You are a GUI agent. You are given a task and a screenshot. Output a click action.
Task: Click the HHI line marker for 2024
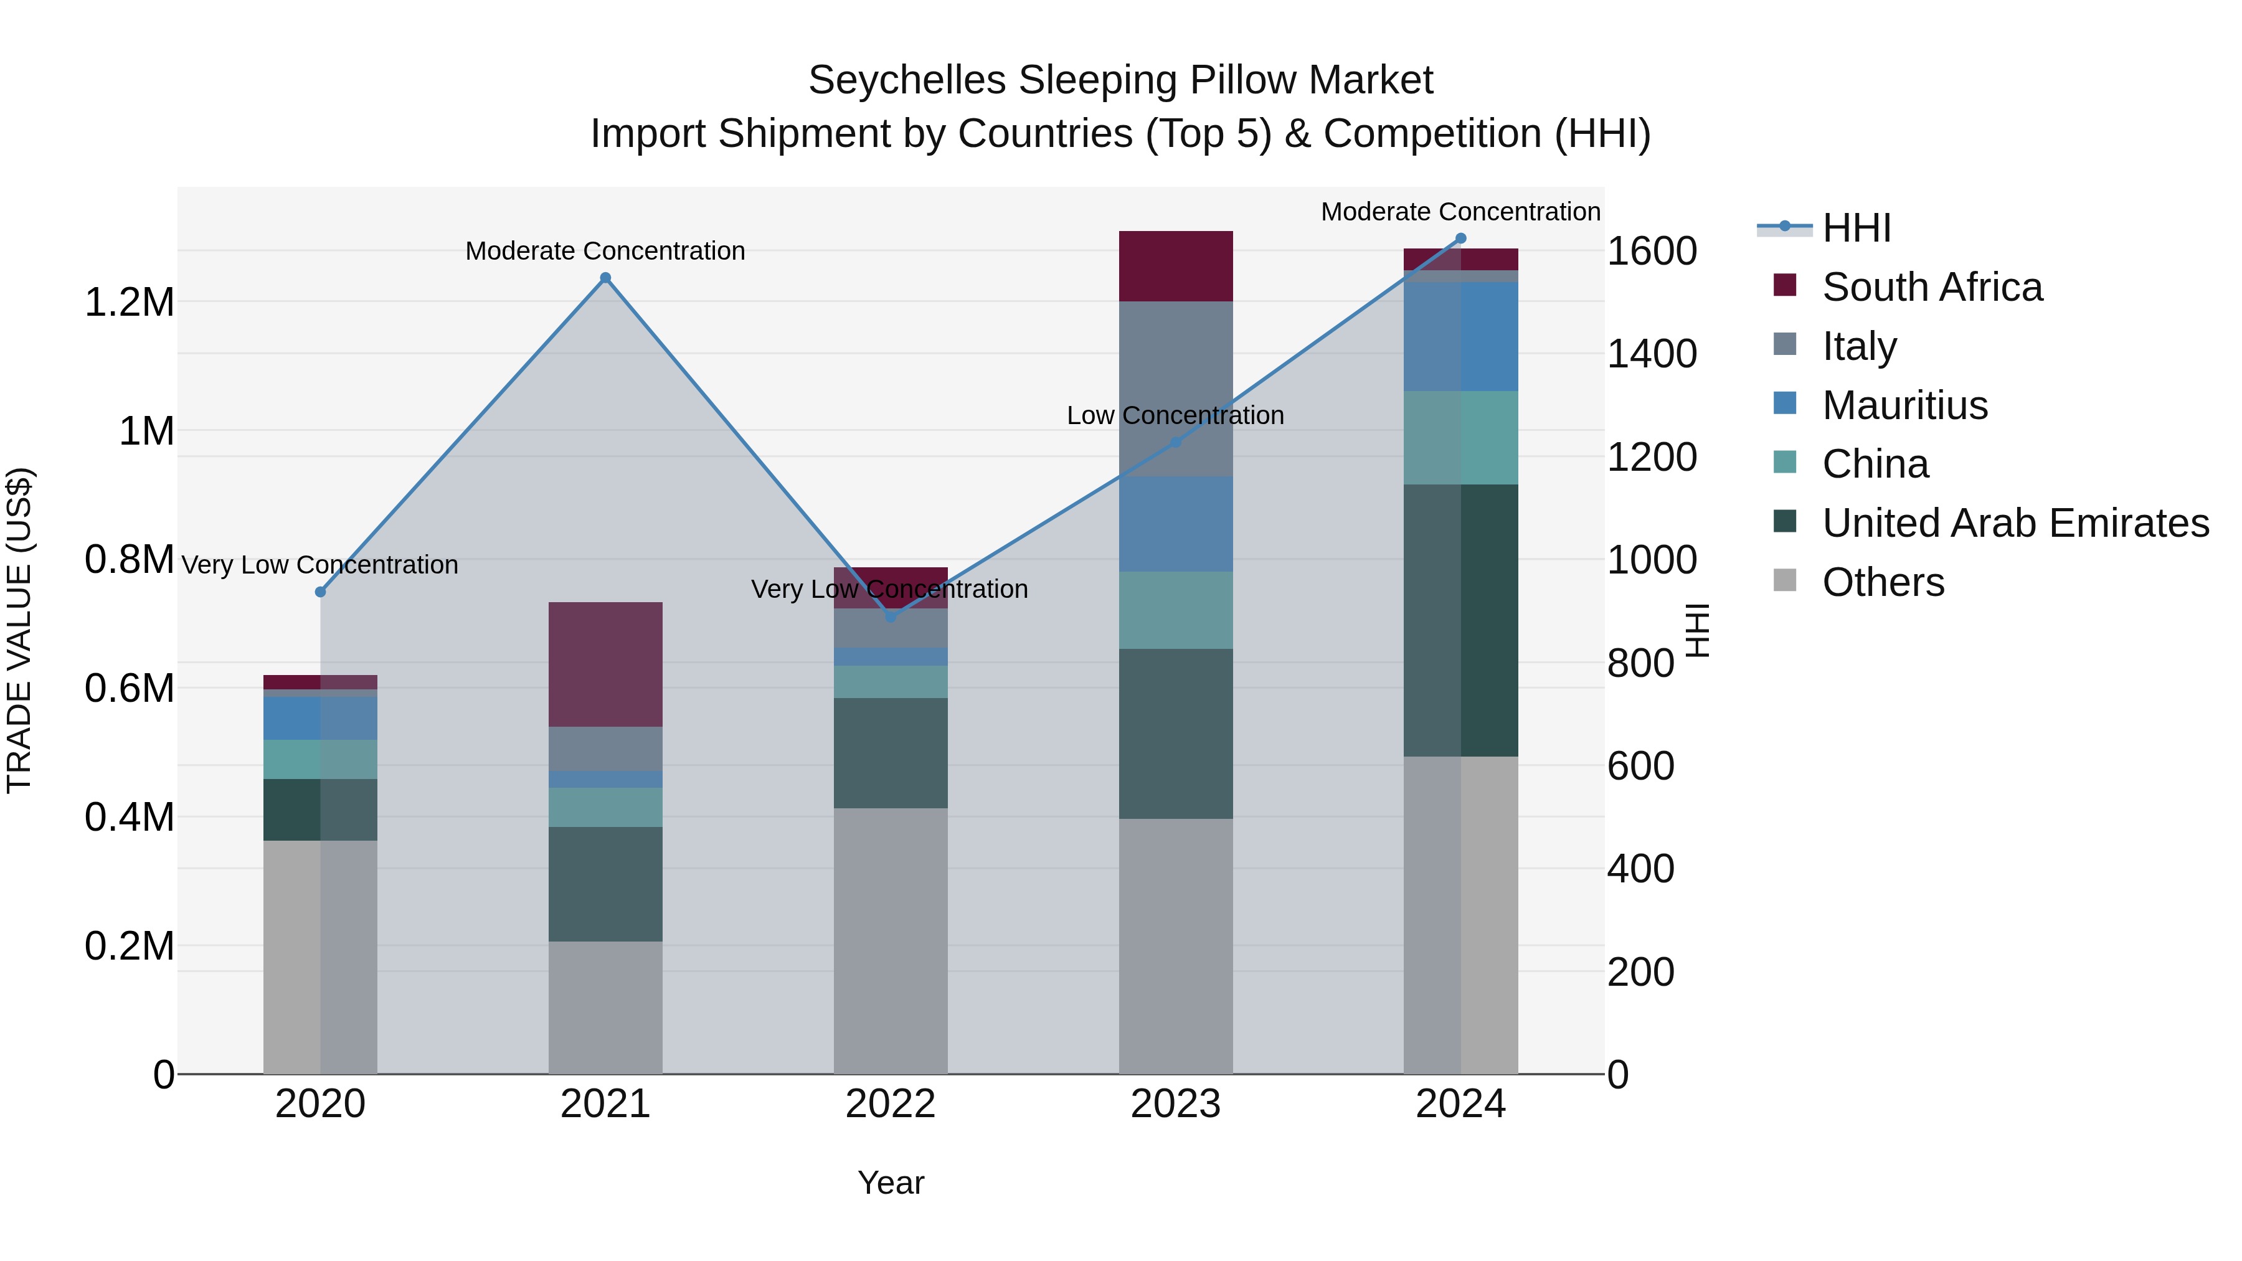point(1460,239)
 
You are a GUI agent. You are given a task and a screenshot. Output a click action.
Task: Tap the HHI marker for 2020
point(320,592)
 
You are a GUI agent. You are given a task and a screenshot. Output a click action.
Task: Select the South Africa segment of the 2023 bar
point(1175,267)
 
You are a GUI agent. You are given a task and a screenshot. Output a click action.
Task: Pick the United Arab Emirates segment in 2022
point(891,753)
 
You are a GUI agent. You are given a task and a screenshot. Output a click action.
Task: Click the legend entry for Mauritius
point(1904,405)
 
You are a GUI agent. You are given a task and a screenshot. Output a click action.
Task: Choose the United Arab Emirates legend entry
point(2015,523)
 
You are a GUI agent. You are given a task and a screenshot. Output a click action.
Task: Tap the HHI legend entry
point(1856,228)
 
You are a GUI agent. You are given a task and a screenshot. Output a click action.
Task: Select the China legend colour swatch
point(1784,462)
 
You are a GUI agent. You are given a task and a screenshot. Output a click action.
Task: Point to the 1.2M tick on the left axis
point(129,303)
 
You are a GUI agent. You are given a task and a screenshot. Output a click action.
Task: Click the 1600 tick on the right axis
point(1651,252)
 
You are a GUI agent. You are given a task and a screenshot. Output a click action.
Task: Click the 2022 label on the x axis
point(891,1104)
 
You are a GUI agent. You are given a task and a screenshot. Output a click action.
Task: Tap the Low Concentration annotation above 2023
point(1175,416)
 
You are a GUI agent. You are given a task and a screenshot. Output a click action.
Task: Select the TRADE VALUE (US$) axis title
point(19,630)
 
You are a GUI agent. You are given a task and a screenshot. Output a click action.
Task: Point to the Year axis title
point(891,1183)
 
